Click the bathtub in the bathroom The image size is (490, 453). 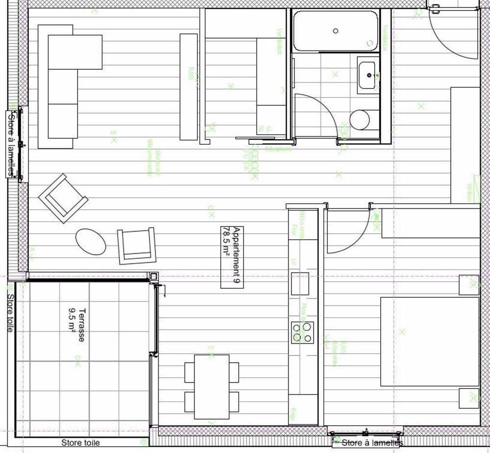tap(336, 30)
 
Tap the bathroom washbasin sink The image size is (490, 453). tap(368, 75)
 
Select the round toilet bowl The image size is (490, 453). tap(361, 120)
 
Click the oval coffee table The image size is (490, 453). tap(91, 241)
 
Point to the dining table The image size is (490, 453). tap(212, 386)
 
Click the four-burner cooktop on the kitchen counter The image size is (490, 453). tap(302, 332)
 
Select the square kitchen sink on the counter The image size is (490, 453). tap(300, 283)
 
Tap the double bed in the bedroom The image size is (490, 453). tap(429, 341)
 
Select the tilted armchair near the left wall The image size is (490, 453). tap(63, 198)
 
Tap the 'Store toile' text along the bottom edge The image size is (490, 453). tap(80, 443)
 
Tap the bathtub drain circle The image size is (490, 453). tap(336, 30)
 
